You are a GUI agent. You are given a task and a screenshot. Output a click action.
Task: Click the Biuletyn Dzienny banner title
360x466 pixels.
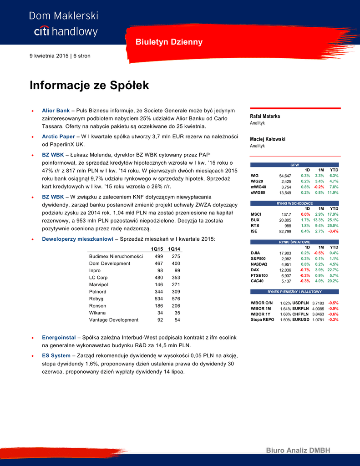click(169, 42)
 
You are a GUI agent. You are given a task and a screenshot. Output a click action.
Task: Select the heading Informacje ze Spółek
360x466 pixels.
click(89, 86)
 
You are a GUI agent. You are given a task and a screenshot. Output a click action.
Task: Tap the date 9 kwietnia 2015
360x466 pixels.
click(49, 56)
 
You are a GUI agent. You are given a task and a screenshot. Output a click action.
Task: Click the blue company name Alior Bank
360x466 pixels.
click(56, 111)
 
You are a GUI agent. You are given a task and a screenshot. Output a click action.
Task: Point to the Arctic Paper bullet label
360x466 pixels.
click(59, 136)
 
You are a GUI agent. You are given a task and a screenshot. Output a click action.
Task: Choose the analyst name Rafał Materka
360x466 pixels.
click(265, 116)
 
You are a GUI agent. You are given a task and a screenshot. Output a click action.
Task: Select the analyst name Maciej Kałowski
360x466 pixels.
click(268, 139)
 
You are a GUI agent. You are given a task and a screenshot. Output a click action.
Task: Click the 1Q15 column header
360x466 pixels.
click(157, 249)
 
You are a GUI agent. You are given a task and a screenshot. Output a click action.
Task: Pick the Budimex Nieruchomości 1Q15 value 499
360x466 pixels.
click(159, 256)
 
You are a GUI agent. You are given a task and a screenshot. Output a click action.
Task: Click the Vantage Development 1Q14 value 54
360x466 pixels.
click(177, 320)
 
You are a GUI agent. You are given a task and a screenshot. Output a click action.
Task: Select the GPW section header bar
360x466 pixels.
click(294, 165)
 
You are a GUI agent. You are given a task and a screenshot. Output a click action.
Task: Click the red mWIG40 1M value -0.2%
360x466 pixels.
click(319, 187)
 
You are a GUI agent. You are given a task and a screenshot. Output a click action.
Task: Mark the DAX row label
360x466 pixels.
click(255, 270)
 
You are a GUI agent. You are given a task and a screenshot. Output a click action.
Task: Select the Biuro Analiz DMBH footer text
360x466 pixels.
click(298, 451)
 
